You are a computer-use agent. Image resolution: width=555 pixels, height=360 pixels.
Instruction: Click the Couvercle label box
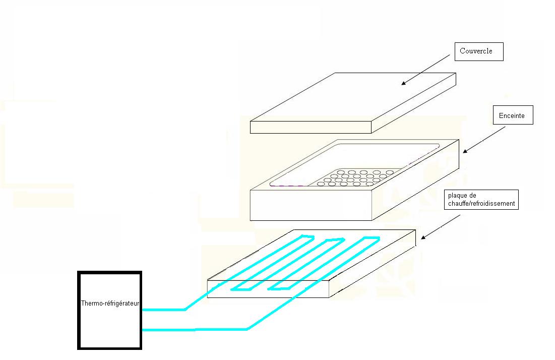pyautogui.click(x=479, y=51)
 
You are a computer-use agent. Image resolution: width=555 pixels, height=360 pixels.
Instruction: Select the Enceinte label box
pyautogui.click(x=512, y=116)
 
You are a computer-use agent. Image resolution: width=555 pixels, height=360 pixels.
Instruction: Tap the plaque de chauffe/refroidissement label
pyautogui.click(x=480, y=199)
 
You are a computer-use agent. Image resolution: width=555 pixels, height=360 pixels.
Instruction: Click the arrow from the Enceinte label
pyautogui.click(x=483, y=139)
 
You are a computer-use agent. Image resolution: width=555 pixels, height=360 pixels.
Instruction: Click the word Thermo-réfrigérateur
pyautogui.click(x=110, y=304)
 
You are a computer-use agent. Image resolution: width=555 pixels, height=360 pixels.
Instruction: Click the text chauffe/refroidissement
pyautogui.click(x=480, y=204)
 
